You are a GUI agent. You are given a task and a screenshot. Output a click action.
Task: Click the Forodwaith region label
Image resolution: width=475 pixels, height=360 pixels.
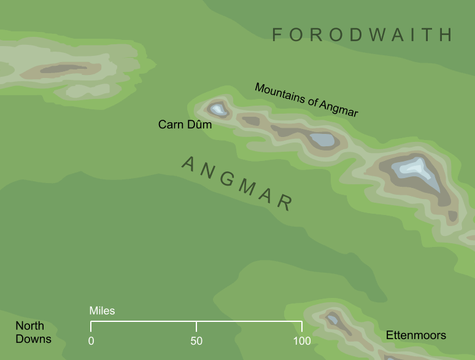click(x=362, y=35)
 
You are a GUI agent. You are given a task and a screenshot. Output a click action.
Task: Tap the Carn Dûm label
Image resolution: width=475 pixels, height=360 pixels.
click(x=185, y=125)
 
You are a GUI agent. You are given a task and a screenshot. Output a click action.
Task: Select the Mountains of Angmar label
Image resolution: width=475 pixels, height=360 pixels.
click(x=306, y=100)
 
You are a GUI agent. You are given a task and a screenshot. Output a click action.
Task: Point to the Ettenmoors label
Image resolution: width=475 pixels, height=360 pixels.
click(x=415, y=335)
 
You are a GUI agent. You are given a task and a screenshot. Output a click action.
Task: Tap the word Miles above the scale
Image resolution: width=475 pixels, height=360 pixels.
click(x=102, y=311)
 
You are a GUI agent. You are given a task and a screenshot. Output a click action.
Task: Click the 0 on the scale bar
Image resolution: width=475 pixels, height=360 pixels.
click(x=91, y=341)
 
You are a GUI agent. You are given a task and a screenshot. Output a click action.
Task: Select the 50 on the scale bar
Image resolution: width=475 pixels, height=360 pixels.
click(x=196, y=341)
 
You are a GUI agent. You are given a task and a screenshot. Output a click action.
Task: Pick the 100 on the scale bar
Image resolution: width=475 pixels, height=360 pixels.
click(x=301, y=341)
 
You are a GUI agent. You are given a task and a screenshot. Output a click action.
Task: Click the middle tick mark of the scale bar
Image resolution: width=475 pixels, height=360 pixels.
click(x=196, y=326)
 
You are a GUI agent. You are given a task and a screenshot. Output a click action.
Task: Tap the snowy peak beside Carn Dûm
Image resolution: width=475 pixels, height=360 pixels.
click(x=218, y=110)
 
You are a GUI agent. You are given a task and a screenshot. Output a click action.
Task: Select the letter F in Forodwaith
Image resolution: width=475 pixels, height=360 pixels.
click(x=277, y=35)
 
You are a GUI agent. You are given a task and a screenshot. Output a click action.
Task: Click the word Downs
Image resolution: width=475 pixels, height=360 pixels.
click(x=33, y=338)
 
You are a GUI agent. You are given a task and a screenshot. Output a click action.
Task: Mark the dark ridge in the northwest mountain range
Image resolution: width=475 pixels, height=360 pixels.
click(x=63, y=69)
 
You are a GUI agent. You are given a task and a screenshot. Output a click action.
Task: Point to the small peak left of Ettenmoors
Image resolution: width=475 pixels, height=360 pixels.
click(x=333, y=319)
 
